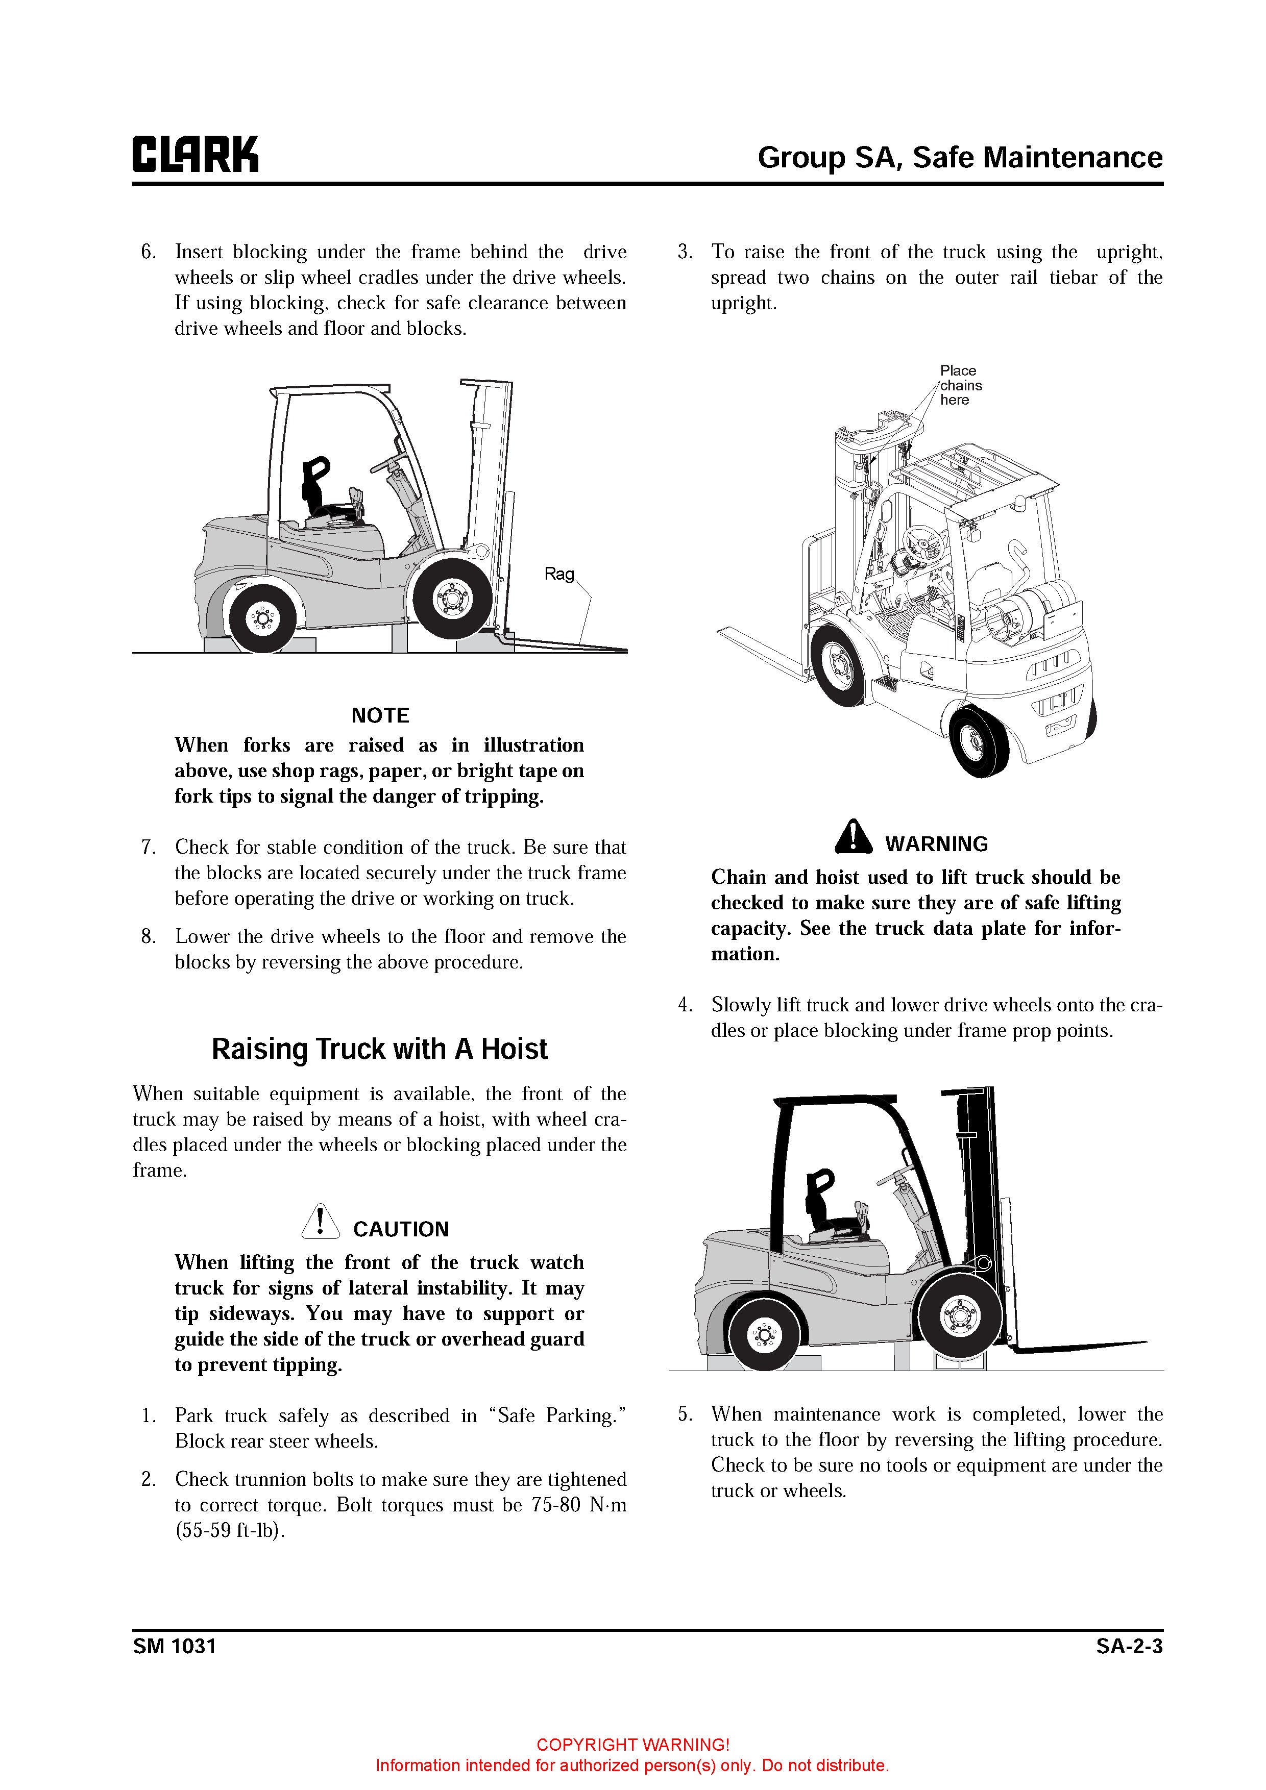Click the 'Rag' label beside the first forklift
(x=558, y=575)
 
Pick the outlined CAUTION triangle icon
(x=320, y=1222)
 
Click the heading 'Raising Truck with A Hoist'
(x=379, y=1050)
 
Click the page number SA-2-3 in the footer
(x=1129, y=1646)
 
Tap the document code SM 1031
(x=174, y=1646)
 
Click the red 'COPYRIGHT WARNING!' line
(x=632, y=1745)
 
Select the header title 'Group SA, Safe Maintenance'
(x=959, y=158)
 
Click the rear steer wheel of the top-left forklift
(x=262, y=619)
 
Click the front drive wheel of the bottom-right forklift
(x=959, y=1317)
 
